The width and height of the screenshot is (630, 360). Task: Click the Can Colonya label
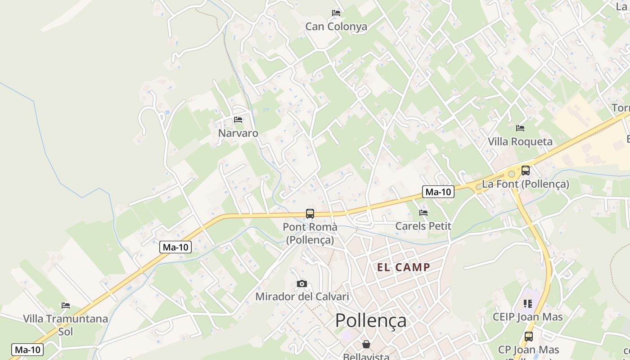tap(336, 27)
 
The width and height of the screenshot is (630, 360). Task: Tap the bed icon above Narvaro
tap(238, 120)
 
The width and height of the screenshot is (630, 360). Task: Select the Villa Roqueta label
tap(520, 142)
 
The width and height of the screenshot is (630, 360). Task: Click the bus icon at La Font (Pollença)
tap(525, 171)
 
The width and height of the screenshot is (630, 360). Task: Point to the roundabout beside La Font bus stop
tap(511, 173)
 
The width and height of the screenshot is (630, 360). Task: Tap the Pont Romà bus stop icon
tap(310, 214)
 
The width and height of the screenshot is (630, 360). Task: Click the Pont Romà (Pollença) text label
tap(310, 233)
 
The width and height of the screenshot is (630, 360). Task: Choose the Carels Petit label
tap(423, 226)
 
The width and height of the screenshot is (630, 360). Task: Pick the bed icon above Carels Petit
tap(423, 212)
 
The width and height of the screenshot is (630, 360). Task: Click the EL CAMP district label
tap(404, 267)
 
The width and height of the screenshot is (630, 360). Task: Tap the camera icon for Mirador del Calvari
tap(302, 283)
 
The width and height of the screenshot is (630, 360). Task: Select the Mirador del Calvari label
tap(302, 297)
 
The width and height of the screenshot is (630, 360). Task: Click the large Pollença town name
tap(371, 320)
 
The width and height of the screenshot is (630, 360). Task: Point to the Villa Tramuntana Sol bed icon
tap(66, 306)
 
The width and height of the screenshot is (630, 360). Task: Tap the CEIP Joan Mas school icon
tap(528, 304)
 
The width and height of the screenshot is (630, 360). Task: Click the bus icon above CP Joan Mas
tap(529, 336)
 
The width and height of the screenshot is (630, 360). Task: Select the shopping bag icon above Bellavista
tap(366, 344)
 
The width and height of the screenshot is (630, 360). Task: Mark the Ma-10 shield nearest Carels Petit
tap(438, 192)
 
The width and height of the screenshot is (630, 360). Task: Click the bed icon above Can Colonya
tap(336, 13)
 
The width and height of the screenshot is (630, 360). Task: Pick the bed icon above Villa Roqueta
tap(520, 128)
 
